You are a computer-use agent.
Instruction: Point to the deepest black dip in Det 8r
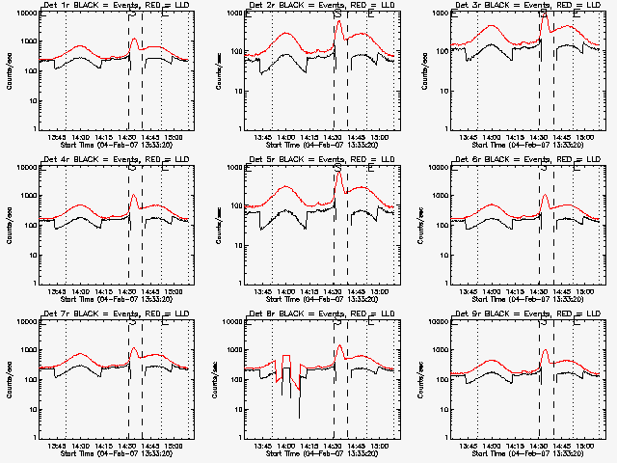(299, 417)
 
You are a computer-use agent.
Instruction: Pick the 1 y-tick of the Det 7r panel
(33, 438)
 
